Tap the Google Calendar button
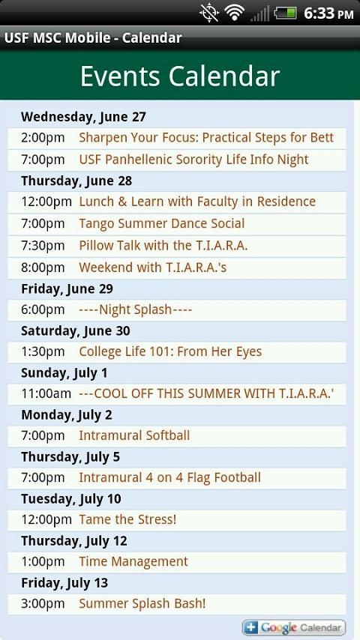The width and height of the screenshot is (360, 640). (x=294, y=627)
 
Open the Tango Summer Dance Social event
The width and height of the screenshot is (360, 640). (x=161, y=223)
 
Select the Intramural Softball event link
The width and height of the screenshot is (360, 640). (x=134, y=435)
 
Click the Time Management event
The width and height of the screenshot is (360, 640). (x=133, y=561)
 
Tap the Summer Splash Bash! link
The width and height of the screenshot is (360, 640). (x=142, y=603)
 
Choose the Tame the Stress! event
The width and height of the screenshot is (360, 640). (x=127, y=519)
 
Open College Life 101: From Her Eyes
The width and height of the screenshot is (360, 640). (x=170, y=351)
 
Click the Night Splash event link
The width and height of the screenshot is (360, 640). (x=135, y=310)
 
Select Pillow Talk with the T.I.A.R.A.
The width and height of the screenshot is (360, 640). (x=163, y=245)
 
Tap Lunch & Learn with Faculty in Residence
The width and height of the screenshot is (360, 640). (x=197, y=202)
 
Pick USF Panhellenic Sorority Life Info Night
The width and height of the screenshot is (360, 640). (x=193, y=160)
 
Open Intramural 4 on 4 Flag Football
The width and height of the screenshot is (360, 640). (x=169, y=477)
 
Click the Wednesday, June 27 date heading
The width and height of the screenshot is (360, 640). (x=83, y=117)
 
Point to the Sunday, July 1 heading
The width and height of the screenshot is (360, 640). (x=64, y=372)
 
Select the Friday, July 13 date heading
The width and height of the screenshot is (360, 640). (x=64, y=582)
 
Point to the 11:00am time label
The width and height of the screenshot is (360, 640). (x=46, y=393)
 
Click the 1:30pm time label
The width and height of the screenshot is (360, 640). (x=43, y=351)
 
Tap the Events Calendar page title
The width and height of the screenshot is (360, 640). (x=180, y=76)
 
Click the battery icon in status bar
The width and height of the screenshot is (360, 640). (x=285, y=13)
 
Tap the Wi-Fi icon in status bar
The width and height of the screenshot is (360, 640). (x=235, y=13)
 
